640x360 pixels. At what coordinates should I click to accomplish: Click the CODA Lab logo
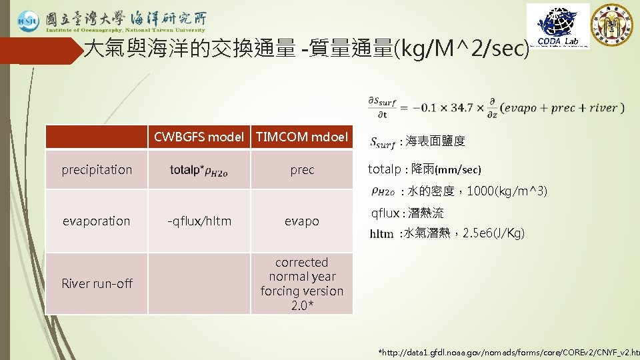coord(558,25)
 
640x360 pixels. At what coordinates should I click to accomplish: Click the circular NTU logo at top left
coord(28,21)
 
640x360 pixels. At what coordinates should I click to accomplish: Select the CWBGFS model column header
coord(199,137)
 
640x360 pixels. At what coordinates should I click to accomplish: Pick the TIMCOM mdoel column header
coord(302,137)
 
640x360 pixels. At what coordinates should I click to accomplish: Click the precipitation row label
coord(97,169)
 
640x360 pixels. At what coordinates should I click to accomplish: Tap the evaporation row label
coord(97,221)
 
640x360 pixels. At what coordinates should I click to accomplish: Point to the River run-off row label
coord(97,283)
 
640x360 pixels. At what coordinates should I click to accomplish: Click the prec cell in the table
coord(302,169)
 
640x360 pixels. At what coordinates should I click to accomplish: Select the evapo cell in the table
coord(302,221)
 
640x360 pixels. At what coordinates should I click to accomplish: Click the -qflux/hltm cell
coord(199,221)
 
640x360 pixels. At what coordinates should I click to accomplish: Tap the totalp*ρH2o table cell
coord(199,171)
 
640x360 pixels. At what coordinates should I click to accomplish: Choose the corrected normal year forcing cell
coord(302,284)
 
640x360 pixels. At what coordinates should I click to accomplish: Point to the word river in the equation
coord(603,107)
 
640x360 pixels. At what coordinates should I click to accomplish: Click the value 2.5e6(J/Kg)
coord(493,233)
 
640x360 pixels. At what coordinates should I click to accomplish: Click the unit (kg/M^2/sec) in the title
coord(462,49)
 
